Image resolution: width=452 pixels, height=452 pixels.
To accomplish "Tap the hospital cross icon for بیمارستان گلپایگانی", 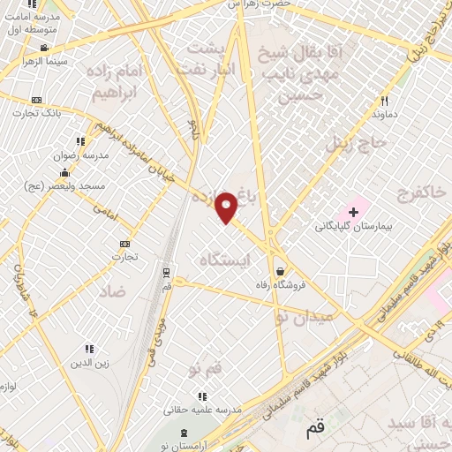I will [353, 212].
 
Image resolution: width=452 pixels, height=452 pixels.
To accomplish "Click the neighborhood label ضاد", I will [113, 290].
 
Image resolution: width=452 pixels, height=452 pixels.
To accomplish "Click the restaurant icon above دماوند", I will [384, 101].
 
